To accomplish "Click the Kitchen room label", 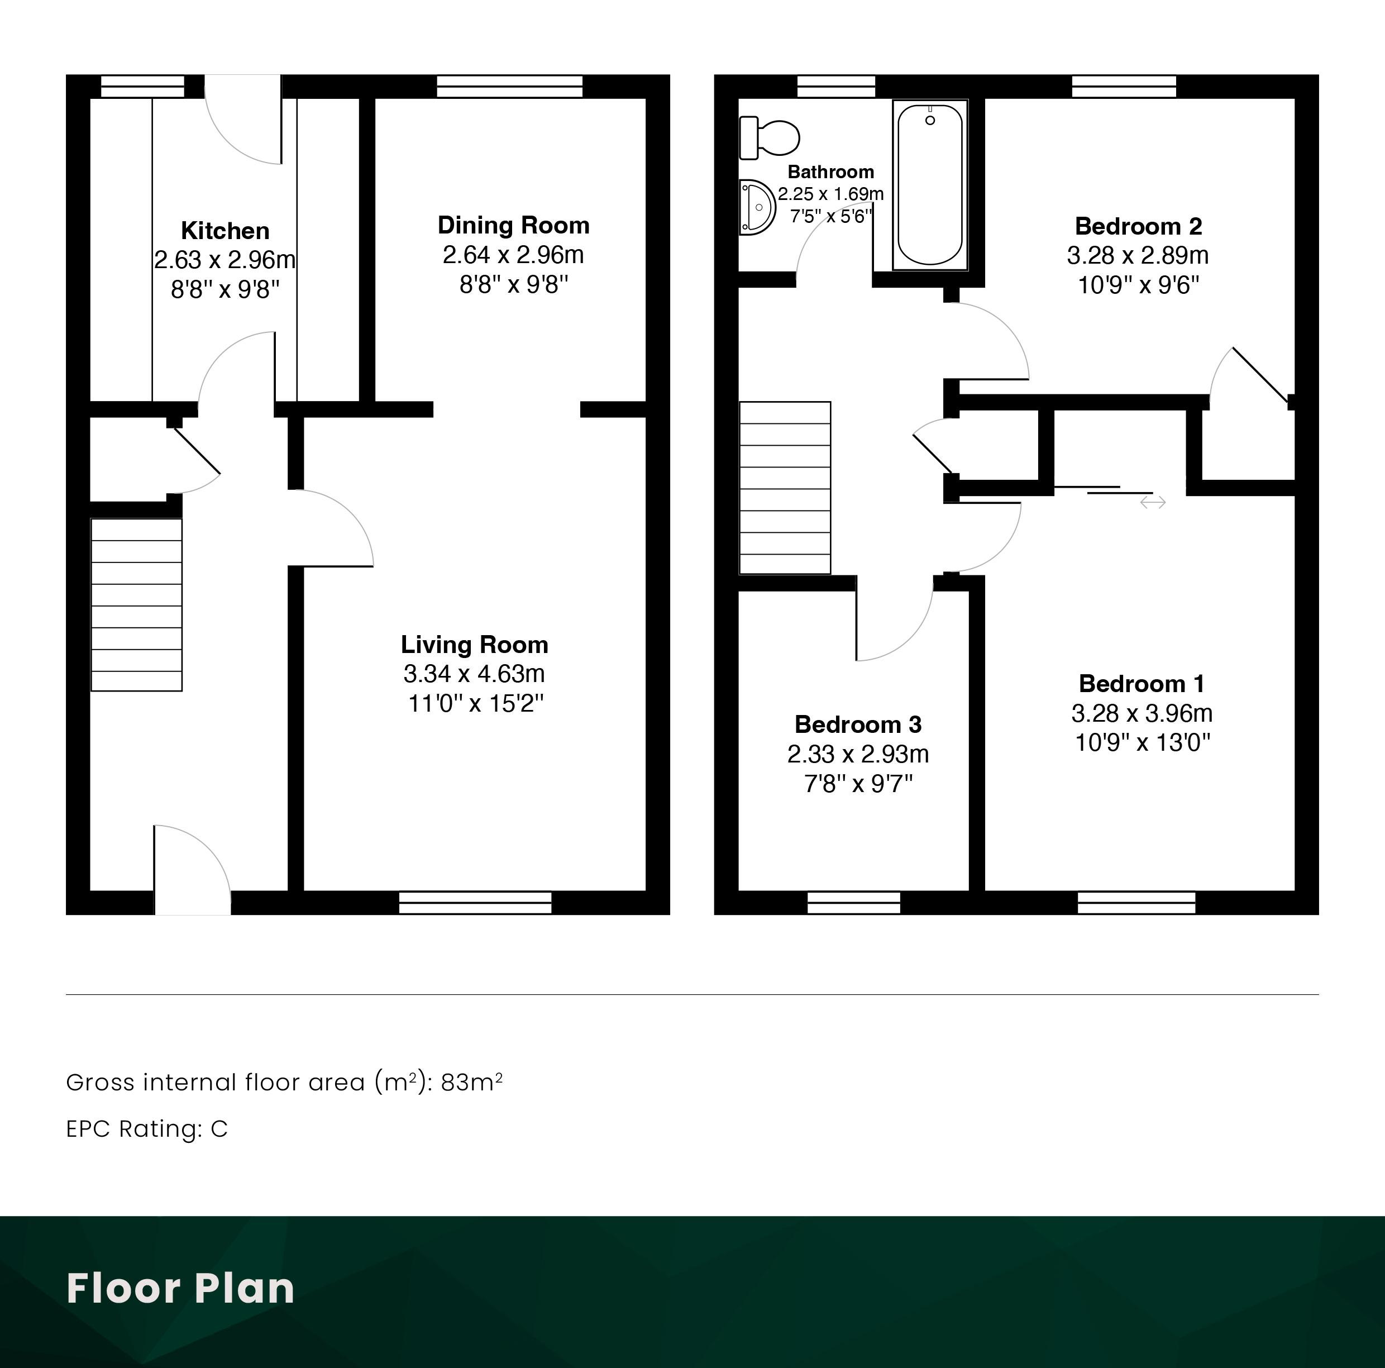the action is pos(225,231).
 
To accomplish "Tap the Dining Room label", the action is pos(513,225).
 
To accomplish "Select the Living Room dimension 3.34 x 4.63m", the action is pos(474,674).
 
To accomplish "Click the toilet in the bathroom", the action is pos(769,137).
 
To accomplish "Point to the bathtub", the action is pos(930,185).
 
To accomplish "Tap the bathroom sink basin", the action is pos(757,207).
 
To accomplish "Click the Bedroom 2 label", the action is pos(1138,227).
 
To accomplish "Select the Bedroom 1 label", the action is pos(1142,683).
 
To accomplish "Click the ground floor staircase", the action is pos(136,604).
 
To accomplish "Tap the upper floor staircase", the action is pos(785,488).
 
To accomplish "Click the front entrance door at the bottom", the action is pos(192,870).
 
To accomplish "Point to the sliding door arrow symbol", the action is pos(1153,503).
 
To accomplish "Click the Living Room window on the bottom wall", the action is pos(475,903).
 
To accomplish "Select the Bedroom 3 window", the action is pos(854,903).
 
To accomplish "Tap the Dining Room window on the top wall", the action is pos(510,86).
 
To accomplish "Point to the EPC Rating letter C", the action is pos(219,1128).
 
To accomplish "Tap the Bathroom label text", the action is pos(831,172).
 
